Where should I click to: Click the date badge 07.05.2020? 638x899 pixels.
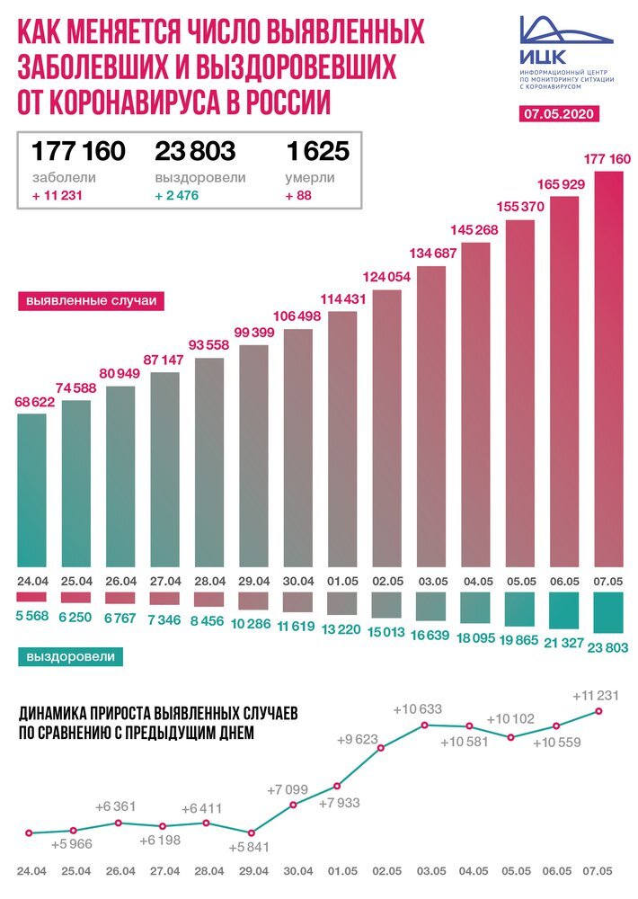560,114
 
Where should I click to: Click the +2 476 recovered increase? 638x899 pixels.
182,197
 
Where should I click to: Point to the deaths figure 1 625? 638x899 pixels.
316,150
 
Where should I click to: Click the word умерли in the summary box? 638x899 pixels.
311,178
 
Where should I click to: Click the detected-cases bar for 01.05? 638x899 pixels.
342,441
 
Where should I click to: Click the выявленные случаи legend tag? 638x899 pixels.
91,300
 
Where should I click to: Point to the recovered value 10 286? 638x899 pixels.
254,622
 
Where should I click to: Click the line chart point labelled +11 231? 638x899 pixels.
598,711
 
